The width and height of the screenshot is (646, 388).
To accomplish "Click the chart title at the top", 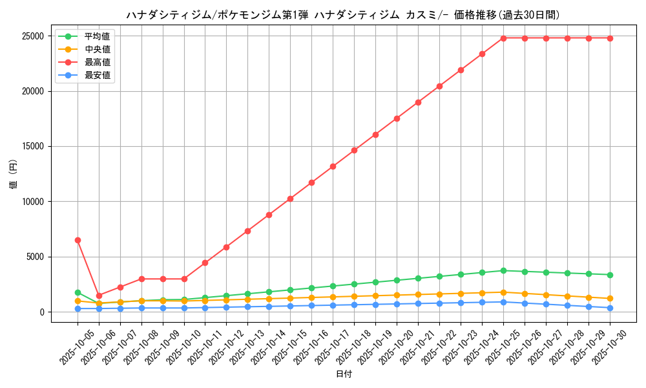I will click(x=343, y=15).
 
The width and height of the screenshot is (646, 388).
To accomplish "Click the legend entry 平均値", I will click(x=97, y=36).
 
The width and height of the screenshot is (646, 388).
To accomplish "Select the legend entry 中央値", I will click(x=97, y=49).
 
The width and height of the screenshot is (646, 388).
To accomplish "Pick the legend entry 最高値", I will click(x=97, y=62).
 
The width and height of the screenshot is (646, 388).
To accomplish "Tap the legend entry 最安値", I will click(x=97, y=75).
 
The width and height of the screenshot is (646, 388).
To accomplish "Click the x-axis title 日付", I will click(x=344, y=374).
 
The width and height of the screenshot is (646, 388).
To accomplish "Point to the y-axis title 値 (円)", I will click(x=14, y=175).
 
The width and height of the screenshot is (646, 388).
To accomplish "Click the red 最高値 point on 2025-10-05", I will click(x=78, y=240).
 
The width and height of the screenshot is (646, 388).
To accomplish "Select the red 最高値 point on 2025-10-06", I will click(x=99, y=296).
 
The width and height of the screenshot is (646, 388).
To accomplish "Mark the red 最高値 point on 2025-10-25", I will click(x=503, y=38).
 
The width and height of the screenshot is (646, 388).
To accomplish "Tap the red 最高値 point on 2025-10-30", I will click(x=610, y=38).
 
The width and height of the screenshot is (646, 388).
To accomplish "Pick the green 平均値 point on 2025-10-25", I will click(x=503, y=270).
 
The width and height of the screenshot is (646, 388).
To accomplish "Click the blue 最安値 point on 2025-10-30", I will click(x=610, y=308).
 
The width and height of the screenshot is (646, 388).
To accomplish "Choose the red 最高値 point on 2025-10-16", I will click(x=311, y=182).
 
